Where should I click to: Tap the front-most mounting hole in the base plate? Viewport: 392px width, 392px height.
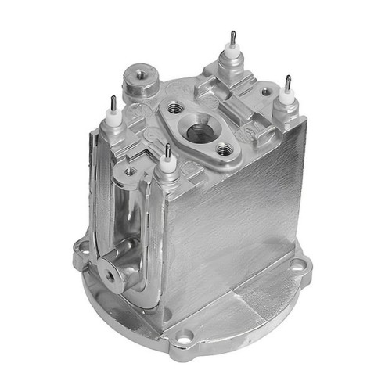pyautogui.click(x=184, y=339)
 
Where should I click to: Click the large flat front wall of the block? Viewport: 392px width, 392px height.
pyautogui.click(x=235, y=227)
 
